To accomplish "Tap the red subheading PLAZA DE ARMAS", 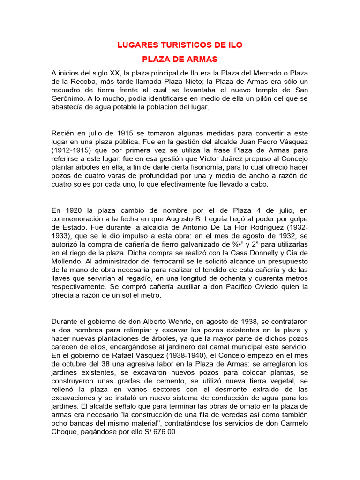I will click(180, 60).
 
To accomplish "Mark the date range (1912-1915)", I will click(72, 150).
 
